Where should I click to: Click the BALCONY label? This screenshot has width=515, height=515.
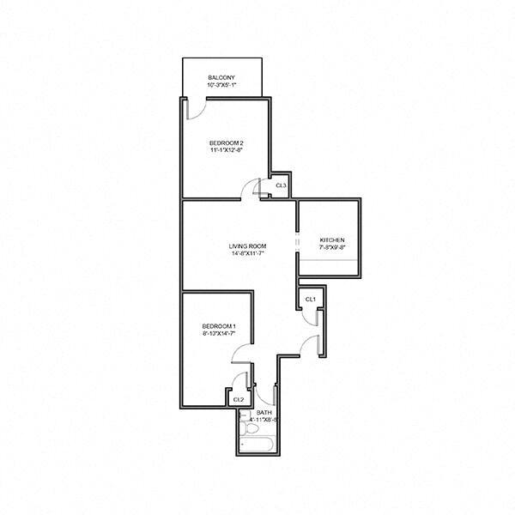(x=221, y=78)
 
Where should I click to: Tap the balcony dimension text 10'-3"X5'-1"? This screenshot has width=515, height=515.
(x=221, y=86)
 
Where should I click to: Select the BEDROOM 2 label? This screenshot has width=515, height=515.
(x=227, y=142)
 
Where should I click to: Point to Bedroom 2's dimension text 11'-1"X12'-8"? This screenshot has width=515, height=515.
(x=227, y=150)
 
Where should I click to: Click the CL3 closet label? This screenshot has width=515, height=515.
(x=280, y=185)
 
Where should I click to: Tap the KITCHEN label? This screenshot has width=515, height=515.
(x=331, y=239)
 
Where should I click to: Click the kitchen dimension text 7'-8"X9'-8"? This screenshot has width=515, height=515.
(x=331, y=247)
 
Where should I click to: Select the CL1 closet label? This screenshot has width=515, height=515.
(x=311, y=299)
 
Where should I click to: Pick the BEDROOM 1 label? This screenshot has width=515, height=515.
(x=219, y=325)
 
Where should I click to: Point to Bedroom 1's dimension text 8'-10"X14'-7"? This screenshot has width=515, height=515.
(x=219, y=333)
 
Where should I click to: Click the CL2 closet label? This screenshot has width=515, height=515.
(x=238, y=399)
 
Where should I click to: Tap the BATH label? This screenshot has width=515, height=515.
(x=264, y=413)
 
